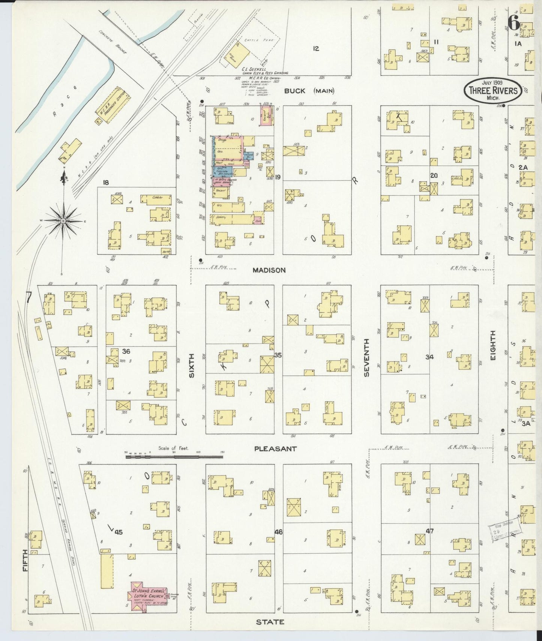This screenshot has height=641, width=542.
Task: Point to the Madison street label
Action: tap(269, 270)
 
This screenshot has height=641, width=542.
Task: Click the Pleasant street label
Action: tap(275, 449)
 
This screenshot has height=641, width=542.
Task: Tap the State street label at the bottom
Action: tap(270, 622)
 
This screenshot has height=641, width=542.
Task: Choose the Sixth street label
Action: tap(192, 365)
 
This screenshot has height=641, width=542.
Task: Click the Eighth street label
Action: tap(492, 346)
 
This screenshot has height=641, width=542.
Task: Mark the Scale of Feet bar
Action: tap(174, 457)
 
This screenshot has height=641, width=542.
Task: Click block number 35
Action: tap(278, 355)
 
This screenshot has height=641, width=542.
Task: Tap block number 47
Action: tap(429, 531)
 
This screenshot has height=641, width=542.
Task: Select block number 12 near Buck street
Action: tap(316, 48)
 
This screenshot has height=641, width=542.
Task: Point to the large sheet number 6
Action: tap(514, 24)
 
